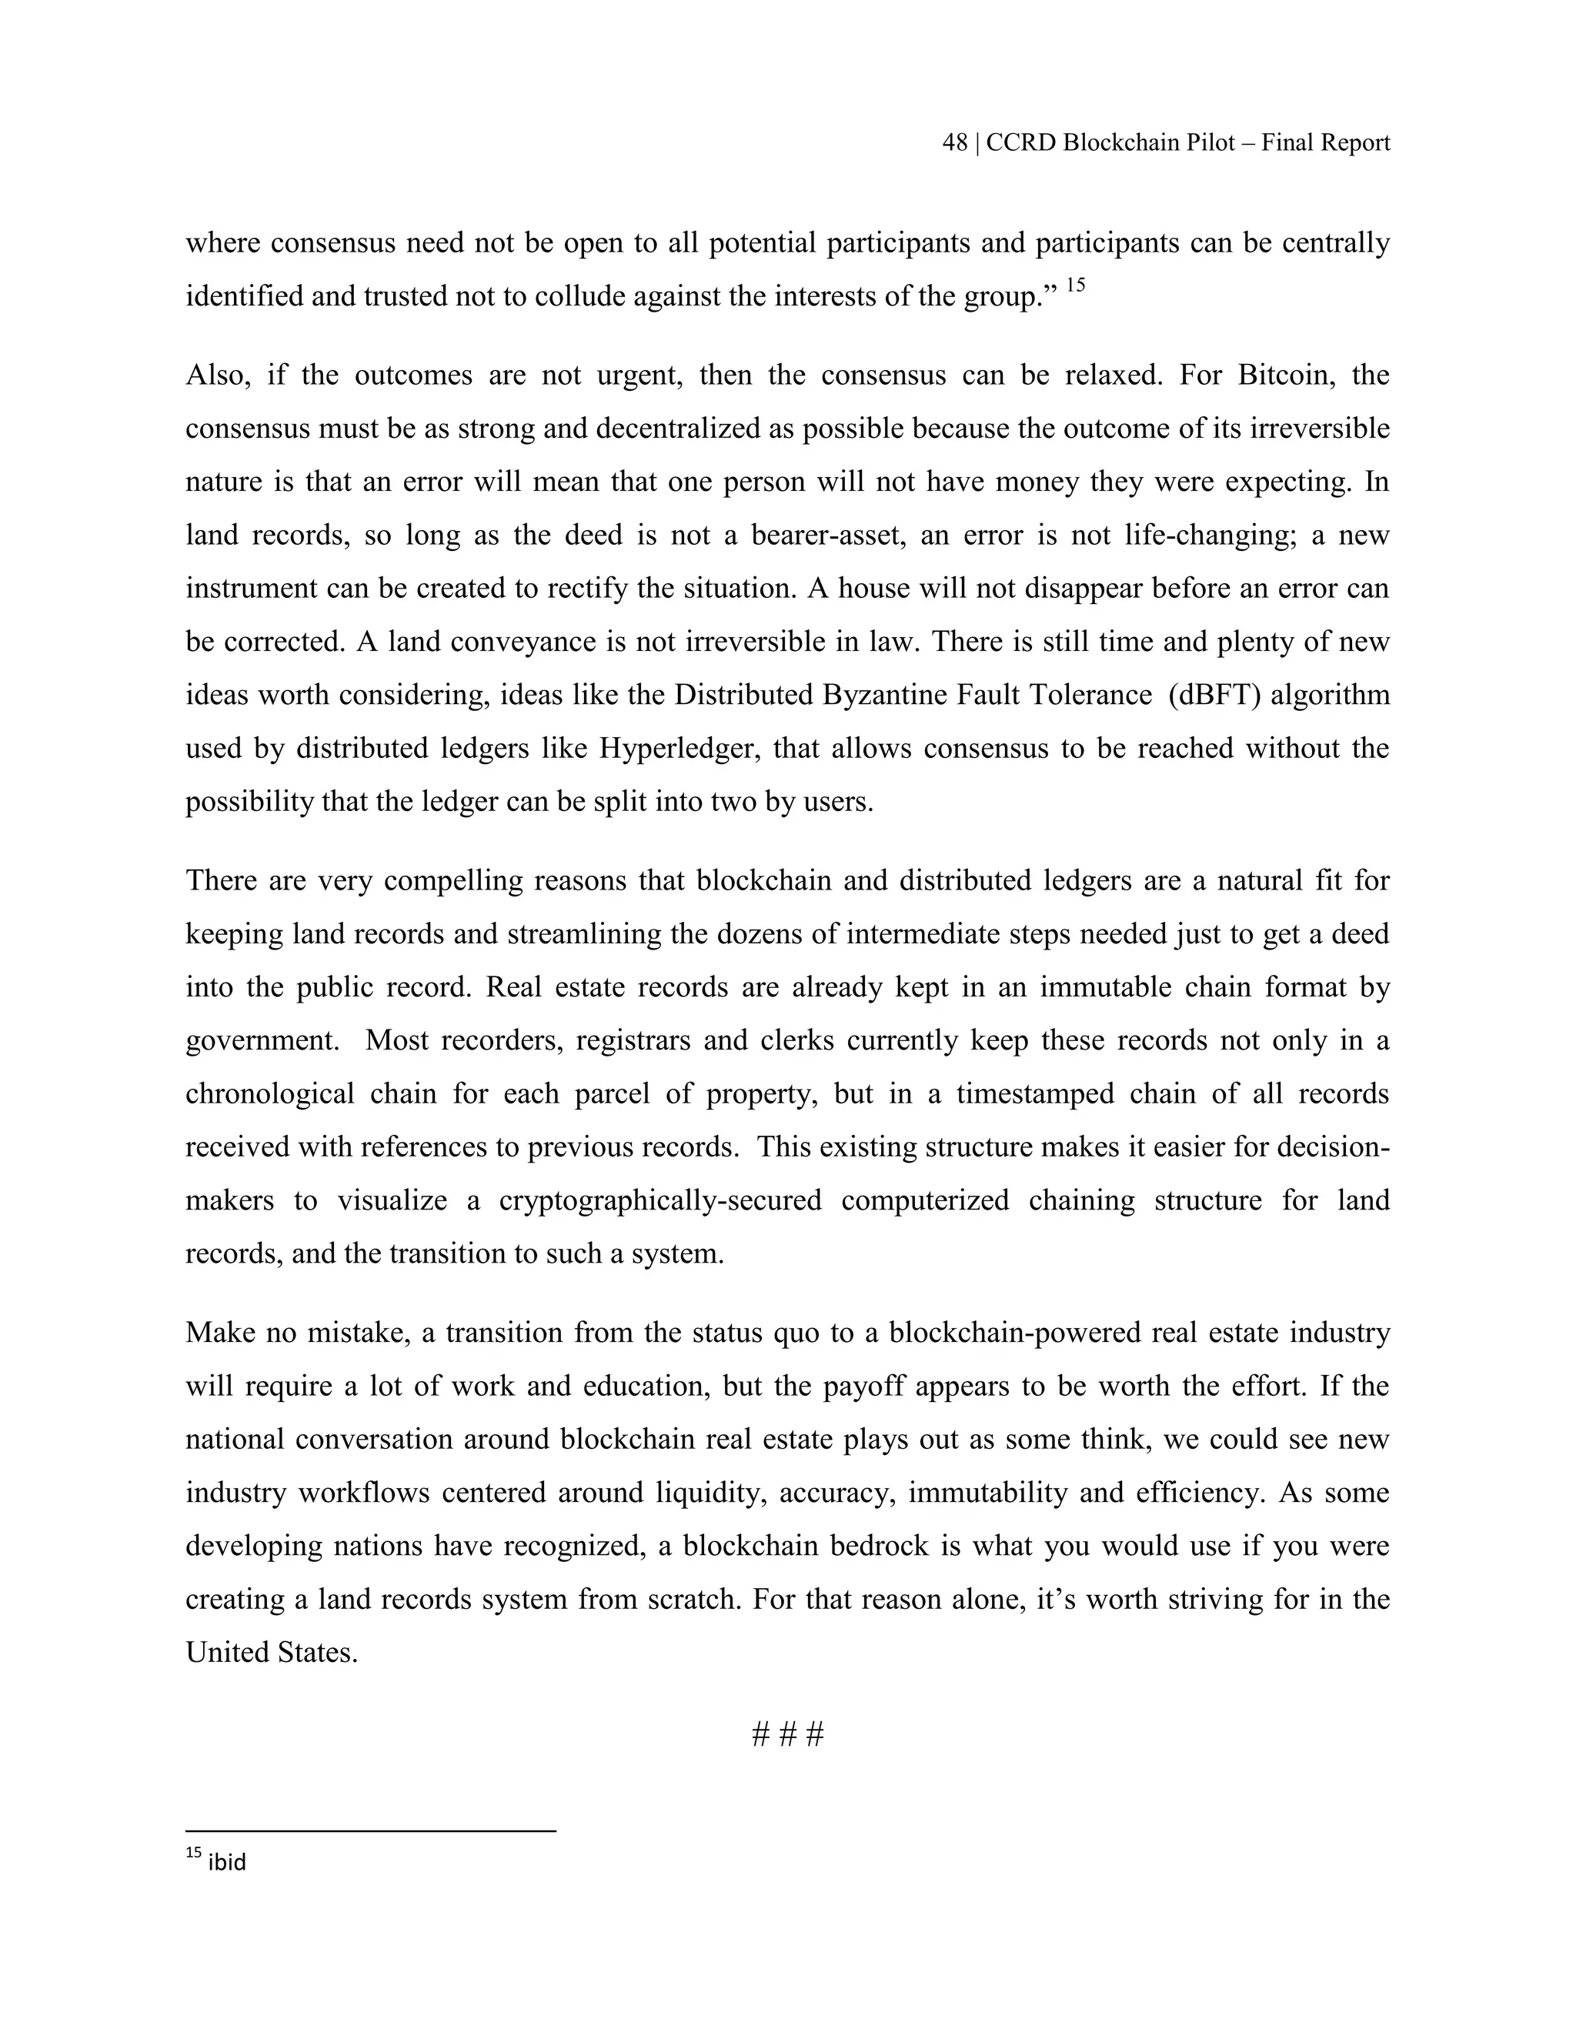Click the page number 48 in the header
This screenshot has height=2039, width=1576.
click(954, 143)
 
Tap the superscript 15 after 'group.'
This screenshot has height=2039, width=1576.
click(1074, 285)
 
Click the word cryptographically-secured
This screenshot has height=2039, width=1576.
click(660, 1200)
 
